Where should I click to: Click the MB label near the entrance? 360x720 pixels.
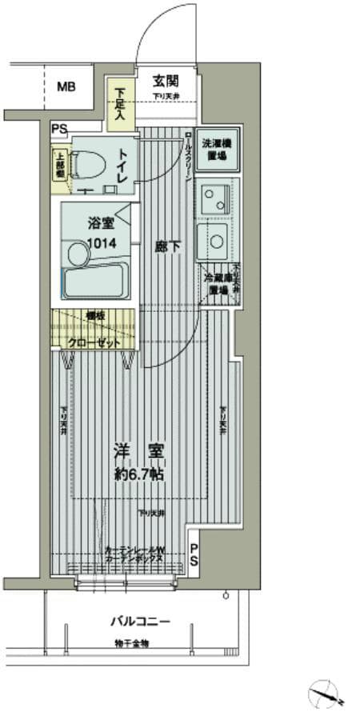click(66, 86)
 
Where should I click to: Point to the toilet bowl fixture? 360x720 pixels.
click(86, 164)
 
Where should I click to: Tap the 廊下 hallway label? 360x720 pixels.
click(167, 247)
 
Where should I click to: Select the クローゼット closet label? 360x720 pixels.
click(94, 342)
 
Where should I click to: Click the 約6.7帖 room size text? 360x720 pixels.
click(139, 474)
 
